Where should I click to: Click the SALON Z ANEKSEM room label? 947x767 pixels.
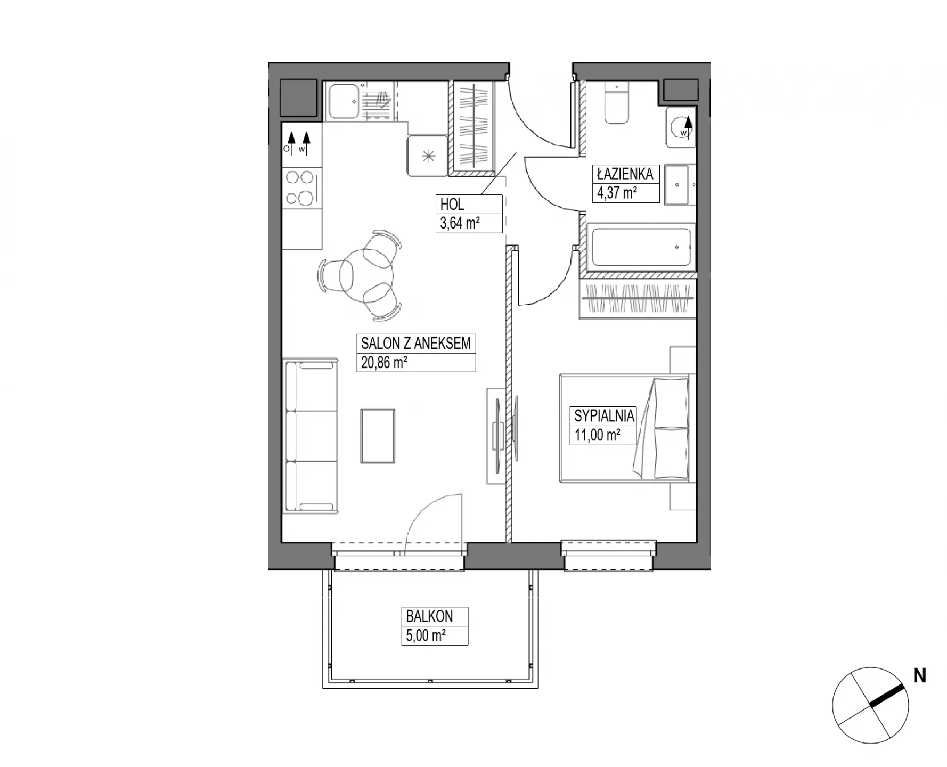coord(415,344)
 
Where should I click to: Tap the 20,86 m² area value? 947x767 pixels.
coord(384,363)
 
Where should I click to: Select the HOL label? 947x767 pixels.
coord(452,204)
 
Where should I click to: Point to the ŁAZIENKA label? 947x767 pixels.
coord(625,174)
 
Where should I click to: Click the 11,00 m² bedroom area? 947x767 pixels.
coord(597,435)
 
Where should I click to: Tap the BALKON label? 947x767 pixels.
coord(429,616)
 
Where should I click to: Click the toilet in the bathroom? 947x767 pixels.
coord(617,102)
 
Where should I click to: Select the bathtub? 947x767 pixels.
coord(641,247)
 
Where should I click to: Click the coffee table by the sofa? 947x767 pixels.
coord(378,436)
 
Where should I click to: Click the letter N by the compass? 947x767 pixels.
coord(920,676)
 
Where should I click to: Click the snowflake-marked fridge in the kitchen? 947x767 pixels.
coord(428,156)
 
